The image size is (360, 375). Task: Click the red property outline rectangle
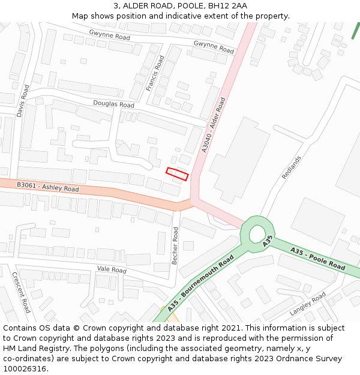(177, 174)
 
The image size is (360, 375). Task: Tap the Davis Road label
(23, 100)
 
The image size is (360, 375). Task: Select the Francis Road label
(155, 73)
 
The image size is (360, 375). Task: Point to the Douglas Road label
(113, 104)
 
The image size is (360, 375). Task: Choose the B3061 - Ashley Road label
(48, 188)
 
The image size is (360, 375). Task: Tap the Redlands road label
(291, 167)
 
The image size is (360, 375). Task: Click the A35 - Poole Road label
(317, 257)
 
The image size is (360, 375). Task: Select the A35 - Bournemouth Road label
(200, 283)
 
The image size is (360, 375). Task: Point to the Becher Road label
(175, 246)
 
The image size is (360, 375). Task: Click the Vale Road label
(112, 270)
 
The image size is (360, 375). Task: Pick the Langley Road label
(307, 304)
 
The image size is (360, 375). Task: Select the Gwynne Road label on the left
(109, 36)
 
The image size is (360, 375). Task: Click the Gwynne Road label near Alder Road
(214, 47)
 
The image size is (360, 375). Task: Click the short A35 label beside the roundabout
(268, 241)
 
